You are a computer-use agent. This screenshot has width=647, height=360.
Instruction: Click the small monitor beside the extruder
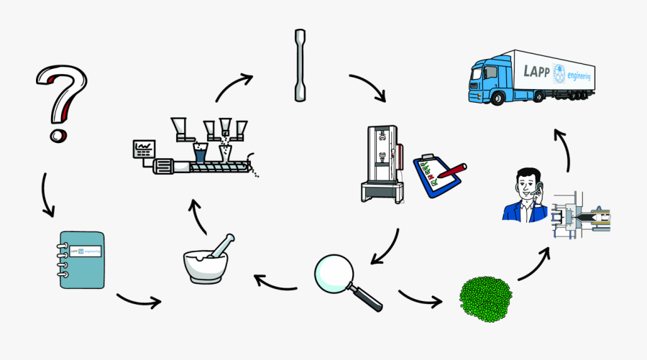pyautogui.click(x=144, y=149)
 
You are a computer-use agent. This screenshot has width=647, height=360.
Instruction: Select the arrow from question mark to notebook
pyautogui.click(x=47, y=194)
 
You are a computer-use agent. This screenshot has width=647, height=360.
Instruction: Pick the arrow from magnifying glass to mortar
pyautogui.click(x=275, y=282)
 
